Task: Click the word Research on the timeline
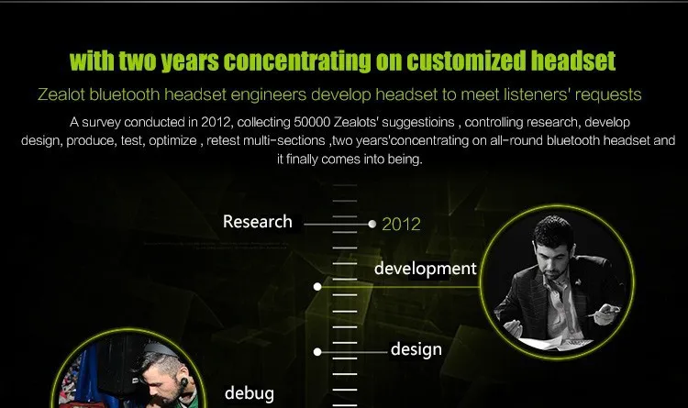point(258,222)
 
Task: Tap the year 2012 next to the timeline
point(401,225)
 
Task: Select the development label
point(425,269)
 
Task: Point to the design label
point(416,349)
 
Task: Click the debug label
point(250,393)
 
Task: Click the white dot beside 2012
point(372,225)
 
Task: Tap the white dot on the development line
point(317,287)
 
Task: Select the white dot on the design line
point(317,352)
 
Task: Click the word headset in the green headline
point(573,61)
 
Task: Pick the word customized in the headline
point(466,61)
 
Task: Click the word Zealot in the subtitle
point(61,94)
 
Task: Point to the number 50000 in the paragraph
point(312,122)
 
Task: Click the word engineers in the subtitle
point(268,94)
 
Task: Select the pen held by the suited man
point(601,313)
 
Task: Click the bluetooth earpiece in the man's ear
point(183,384)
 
